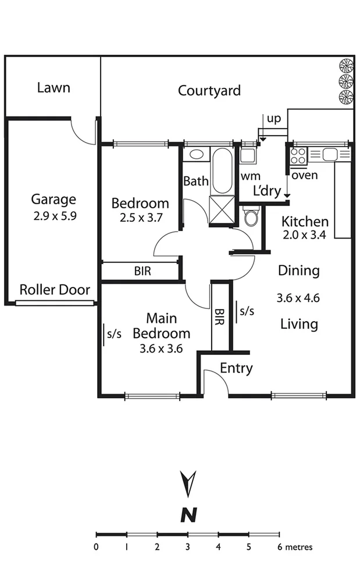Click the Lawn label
(54, 88)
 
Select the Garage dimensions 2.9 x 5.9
(54, 214)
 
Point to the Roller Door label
(55, 290)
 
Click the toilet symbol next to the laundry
(251, 218)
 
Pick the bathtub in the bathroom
(222, 172)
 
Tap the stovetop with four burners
(298, 156)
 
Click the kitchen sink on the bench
(329, 155)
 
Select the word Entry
(236, 368)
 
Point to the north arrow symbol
(187, 483)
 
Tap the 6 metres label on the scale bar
(295, 547)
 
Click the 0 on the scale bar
(96, 547)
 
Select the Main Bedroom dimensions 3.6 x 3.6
(161, 349)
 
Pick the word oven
(305, 175)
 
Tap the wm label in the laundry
(250, 176)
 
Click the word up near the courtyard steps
(273, 119)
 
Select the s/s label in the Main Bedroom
(114, 334)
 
